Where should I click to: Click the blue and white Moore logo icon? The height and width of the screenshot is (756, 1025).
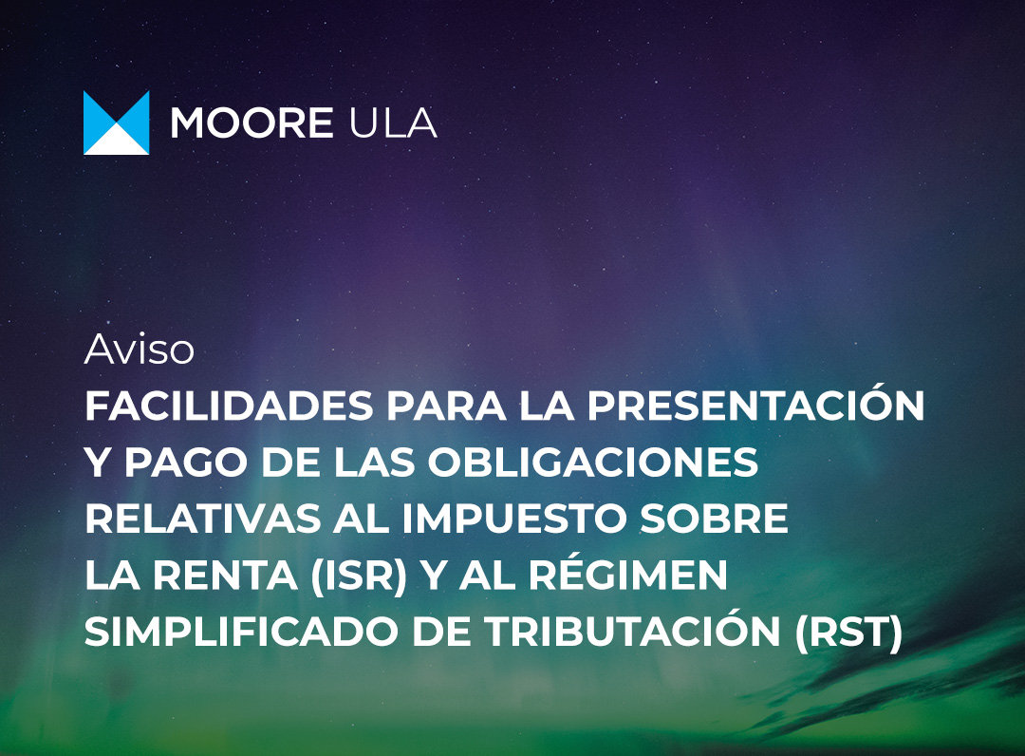117,123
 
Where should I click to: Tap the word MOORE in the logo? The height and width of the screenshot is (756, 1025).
252,123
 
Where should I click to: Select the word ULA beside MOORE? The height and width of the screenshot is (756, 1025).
394,123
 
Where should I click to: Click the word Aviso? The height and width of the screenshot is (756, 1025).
140,350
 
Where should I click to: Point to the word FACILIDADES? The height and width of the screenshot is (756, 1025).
229,406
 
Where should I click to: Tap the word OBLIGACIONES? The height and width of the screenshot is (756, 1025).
593,463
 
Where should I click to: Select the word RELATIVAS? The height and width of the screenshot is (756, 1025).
203,519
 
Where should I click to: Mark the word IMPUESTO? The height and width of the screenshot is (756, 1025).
513,519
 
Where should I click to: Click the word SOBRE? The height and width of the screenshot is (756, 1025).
714,519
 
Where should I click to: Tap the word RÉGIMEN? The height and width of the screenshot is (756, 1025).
628,572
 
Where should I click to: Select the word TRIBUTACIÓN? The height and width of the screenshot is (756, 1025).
632,628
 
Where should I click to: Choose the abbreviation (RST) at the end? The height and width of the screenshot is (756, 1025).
848,633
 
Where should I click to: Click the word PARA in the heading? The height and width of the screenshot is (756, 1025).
446,406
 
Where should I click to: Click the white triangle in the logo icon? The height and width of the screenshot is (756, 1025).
117,141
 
